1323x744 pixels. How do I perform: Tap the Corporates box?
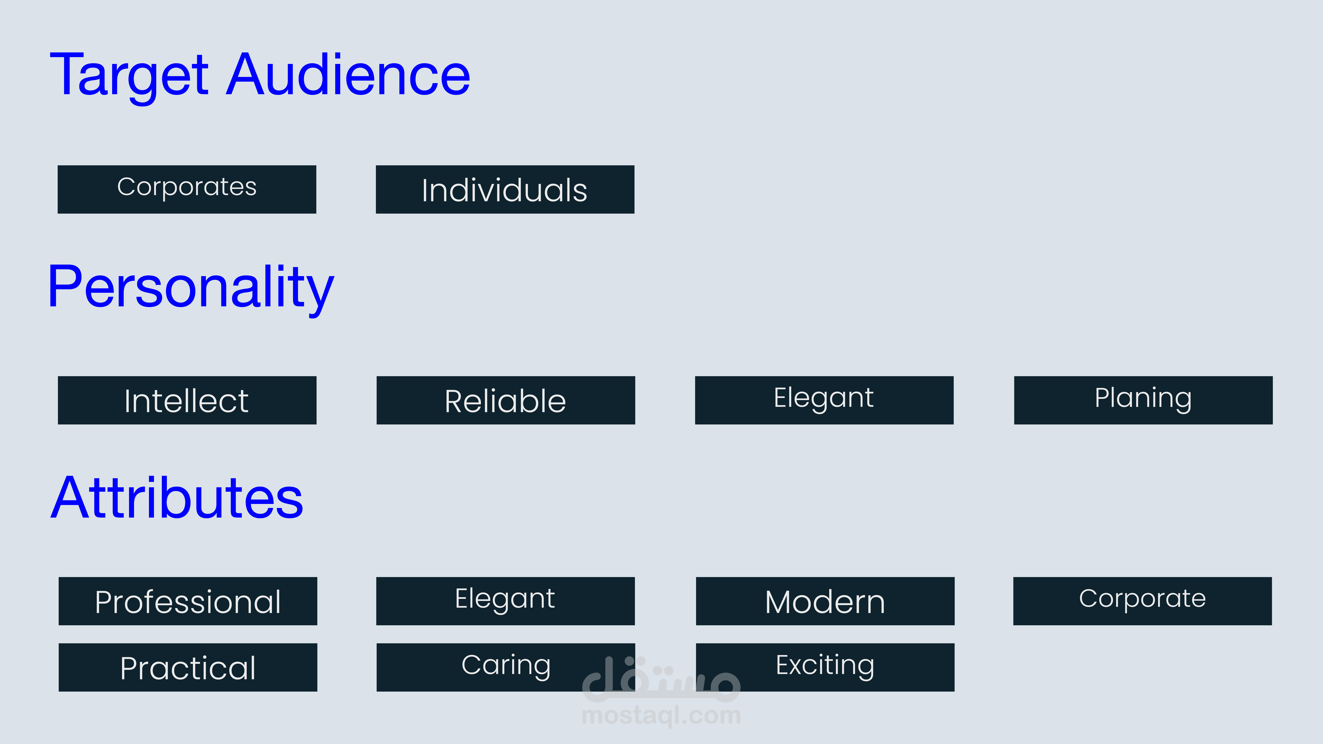pyautogui.click(x=187, y=189)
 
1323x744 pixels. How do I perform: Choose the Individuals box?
pyautogui.click(x=505, y=189)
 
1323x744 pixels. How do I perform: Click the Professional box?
pyautogui.click(x=188, y=601)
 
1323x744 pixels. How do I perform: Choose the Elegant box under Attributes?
pyautogui.click(x=505, y=601)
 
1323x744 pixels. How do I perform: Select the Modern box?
pyautogui.click(x=825, y=601)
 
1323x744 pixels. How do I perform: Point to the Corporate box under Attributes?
pyautogui.click(x=1142, y=601)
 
